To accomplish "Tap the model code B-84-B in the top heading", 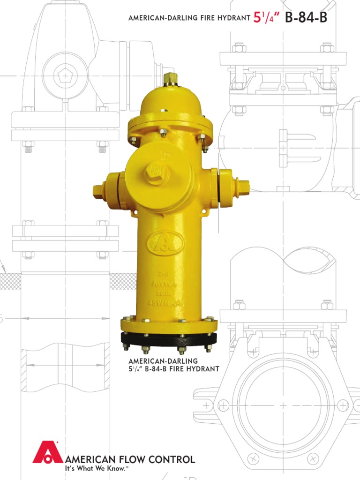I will (x=304, y=18).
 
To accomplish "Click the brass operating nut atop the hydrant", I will (x=170, y=80).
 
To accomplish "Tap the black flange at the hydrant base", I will (x=169, y=339).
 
